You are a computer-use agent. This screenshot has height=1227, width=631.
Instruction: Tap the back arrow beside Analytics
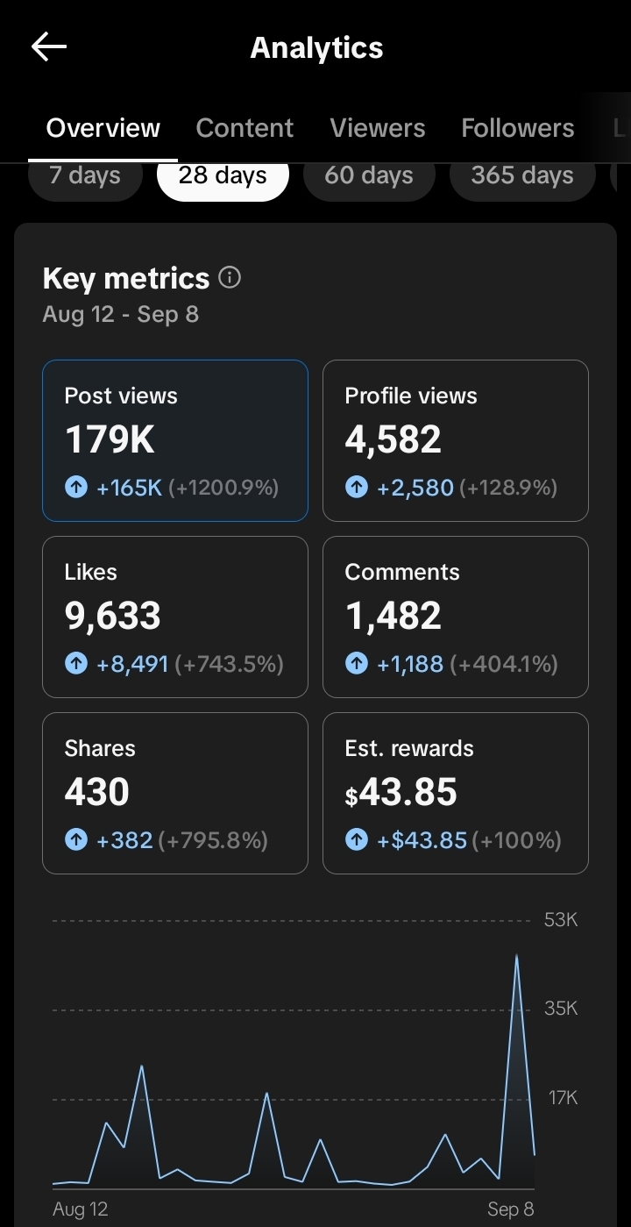point(49,47)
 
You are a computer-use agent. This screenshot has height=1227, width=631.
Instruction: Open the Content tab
point(245,128)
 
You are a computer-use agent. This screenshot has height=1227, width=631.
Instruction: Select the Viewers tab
point(377,128)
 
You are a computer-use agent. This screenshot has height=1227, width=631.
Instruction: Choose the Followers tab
point(517,128)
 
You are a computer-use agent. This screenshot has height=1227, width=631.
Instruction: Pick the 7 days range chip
point(85,175)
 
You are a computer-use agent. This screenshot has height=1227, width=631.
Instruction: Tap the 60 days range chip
point(368,175)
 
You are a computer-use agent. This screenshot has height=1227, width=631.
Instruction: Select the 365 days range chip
point(521,175)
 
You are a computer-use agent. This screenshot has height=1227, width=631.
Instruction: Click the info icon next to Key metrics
point(230,278)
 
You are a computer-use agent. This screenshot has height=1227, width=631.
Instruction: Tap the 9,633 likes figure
point(112,617)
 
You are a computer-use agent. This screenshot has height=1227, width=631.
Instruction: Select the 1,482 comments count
point(393,617)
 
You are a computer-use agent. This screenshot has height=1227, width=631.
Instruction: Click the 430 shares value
point(96,793)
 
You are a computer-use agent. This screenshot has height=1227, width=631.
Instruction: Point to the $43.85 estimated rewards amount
point(401,793)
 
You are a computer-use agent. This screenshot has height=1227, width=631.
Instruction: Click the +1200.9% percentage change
point(223,488)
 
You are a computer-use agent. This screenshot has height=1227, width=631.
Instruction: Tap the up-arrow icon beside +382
point(76,840)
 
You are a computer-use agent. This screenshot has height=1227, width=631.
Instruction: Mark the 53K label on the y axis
point(561,920)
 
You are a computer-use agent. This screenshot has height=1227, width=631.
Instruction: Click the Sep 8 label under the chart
point(510,1209)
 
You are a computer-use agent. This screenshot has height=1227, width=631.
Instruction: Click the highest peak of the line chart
point(516,955)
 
